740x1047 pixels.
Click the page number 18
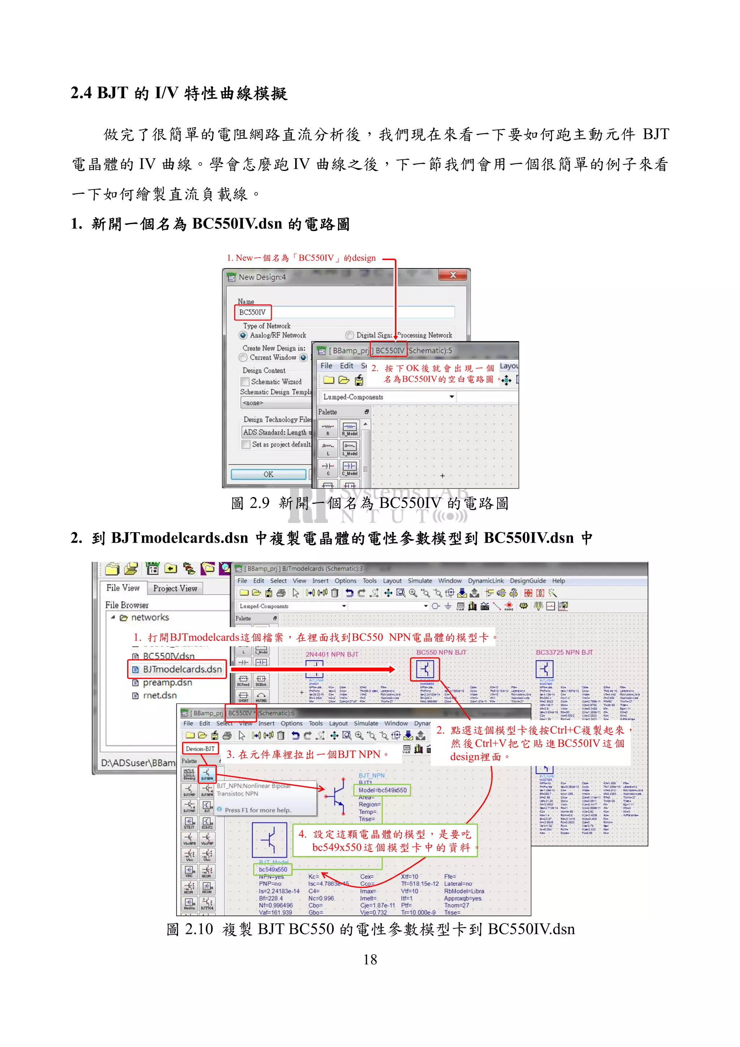[370, 960]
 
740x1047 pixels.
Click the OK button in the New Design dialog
[268, 474]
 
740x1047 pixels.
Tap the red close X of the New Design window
[453, 275]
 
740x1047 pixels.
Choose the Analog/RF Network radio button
[244, 335]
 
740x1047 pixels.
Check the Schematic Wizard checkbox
[245, 382]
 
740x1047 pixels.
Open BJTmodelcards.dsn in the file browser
[181, 669]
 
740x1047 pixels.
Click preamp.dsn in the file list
[167, 683]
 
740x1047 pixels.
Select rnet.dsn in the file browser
[160, 695]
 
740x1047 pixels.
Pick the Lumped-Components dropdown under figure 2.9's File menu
[388, 397]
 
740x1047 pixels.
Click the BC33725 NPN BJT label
[564, 652]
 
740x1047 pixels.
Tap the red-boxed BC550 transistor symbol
[425, 669]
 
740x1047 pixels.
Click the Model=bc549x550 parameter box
[382, 790]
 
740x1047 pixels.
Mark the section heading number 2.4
[81, 93]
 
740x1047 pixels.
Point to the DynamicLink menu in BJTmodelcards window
[486, 581]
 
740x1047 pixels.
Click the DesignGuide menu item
[528, 581]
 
